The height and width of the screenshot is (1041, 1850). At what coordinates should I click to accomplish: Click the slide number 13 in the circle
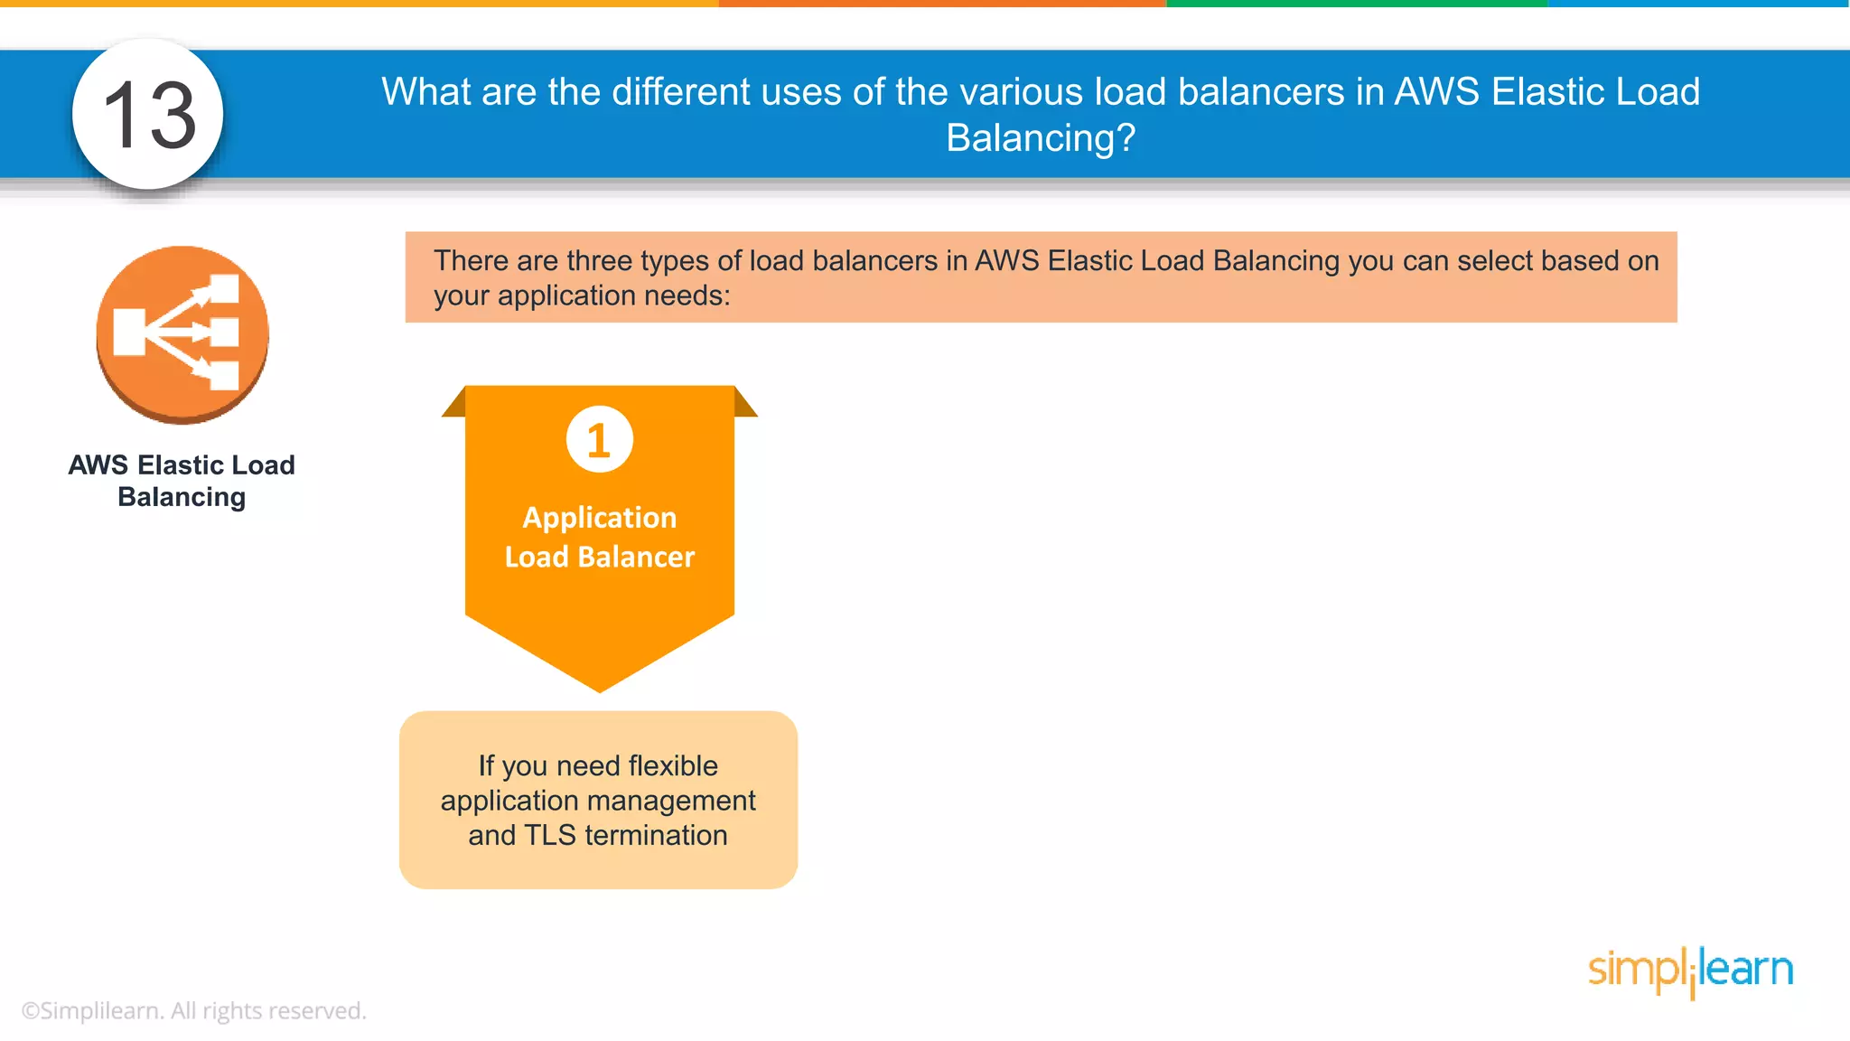(149, 116)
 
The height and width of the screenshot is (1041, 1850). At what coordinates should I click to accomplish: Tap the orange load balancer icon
(182, 334)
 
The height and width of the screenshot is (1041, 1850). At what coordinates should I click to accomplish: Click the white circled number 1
(599, 440)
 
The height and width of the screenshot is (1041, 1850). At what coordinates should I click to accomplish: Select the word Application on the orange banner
(599, 518)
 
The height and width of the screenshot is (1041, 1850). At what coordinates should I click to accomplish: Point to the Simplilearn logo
(1690, 971)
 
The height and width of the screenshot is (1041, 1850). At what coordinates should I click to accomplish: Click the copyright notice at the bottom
(193, 1010)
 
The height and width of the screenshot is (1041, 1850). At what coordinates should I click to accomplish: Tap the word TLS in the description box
(549, 835)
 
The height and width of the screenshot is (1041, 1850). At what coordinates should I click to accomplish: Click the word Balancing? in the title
(1040, 138)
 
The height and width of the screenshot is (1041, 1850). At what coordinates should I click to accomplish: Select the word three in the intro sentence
(602, 261)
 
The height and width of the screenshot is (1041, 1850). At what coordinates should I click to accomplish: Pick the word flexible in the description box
(673, 766)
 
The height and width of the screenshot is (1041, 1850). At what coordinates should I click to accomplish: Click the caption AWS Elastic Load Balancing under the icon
(182, 481)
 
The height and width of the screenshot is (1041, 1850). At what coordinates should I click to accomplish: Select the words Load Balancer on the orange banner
(599, 557)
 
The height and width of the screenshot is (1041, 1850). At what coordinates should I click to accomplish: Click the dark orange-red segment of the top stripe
(942, 4)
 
